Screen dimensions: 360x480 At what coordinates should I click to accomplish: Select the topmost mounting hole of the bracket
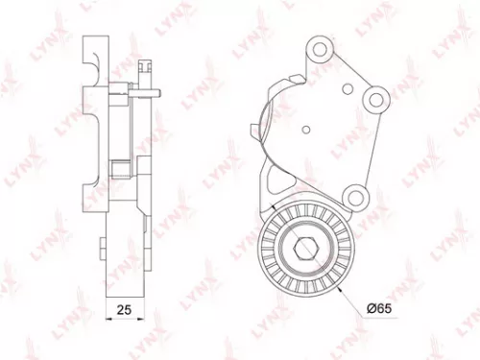319,51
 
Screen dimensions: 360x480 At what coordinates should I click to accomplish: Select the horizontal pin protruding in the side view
144,93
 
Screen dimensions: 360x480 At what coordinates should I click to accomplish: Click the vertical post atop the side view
144,70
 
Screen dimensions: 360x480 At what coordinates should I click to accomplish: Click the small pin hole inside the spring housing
304,129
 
